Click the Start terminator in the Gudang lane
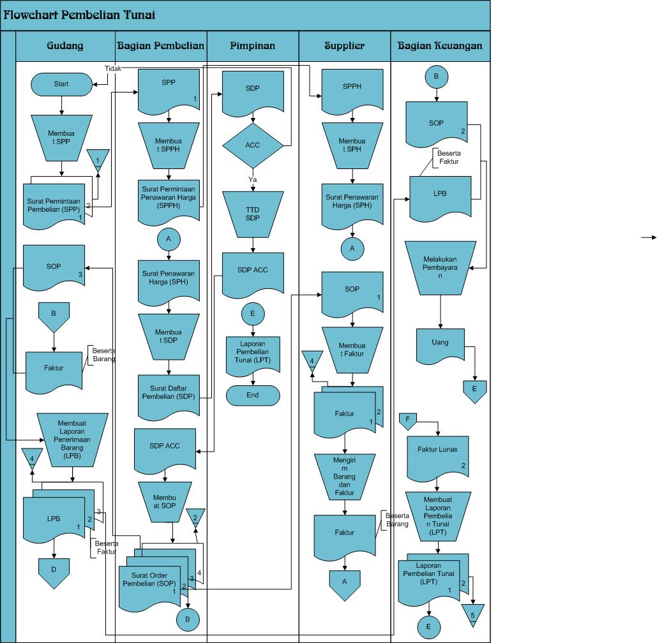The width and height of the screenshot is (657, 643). [61, 84]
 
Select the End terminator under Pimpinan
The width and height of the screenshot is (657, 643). [253, 395]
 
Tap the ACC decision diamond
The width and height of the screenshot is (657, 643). [253, 145]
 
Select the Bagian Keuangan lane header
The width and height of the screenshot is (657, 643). [440, 46]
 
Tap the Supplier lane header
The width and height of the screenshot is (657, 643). [345, 46]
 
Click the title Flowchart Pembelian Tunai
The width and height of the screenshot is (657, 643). [79, 15]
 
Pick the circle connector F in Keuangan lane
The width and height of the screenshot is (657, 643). [407, 420]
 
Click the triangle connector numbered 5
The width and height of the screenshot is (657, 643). [473, 612]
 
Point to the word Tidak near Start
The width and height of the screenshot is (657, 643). [113, 68]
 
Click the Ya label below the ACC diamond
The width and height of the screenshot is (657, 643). [253, 180]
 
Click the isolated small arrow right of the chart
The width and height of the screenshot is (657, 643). [648, 237]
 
